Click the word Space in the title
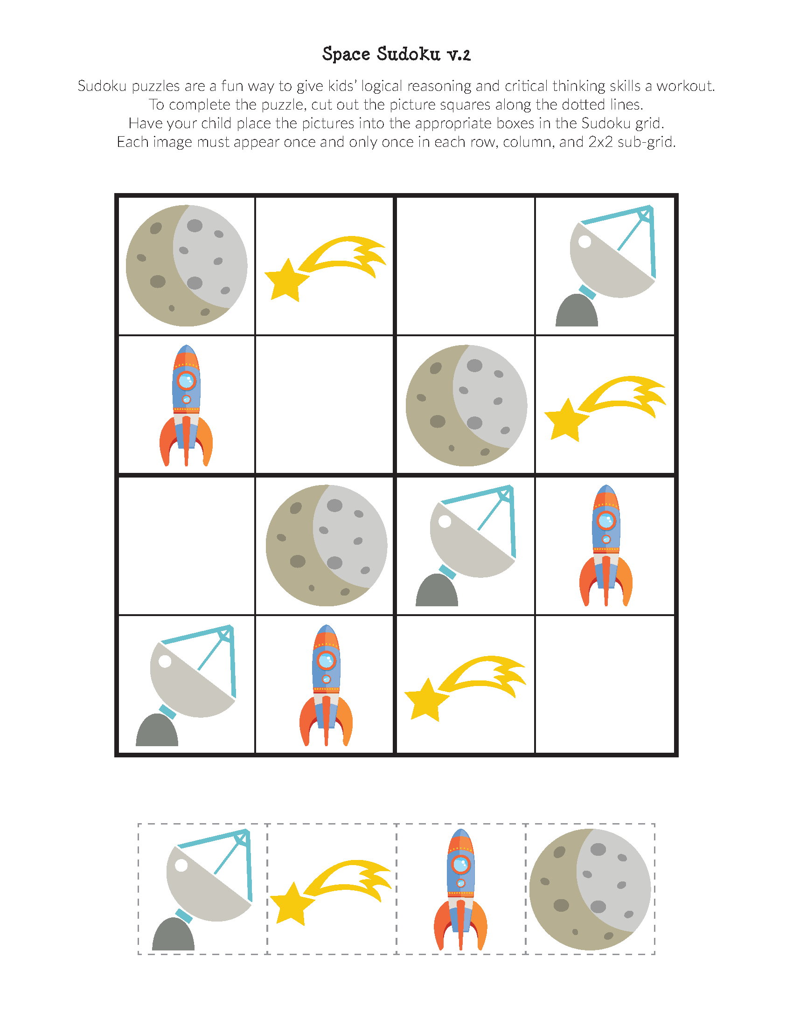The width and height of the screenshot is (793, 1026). click(346, 55)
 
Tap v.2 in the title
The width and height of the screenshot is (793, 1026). click(459, 55)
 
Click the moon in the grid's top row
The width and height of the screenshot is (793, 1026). click(187, 265)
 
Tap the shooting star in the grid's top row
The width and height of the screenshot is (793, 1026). click(325, 268)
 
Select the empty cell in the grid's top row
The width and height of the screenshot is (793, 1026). click(466, 266)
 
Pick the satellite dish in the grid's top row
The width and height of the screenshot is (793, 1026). click(605, 265)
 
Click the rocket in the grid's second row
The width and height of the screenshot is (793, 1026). click(186, 405)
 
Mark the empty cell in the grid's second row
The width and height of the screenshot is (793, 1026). click(324, 404)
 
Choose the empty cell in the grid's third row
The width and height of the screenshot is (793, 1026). click(187, 546)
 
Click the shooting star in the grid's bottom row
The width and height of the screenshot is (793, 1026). click(465, 688)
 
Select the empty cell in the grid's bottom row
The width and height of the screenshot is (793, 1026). click(605, 685)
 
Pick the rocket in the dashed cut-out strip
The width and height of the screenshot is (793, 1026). click(460, 890)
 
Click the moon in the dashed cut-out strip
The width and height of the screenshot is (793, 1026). click(590, 890)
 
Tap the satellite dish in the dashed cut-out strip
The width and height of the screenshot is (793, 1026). click(202, 890)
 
